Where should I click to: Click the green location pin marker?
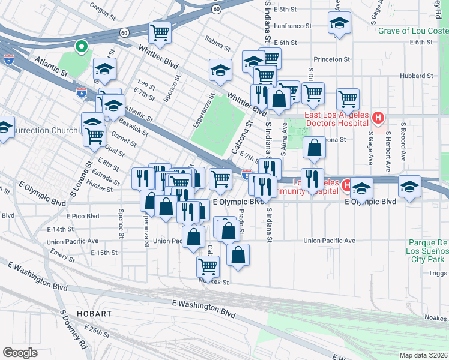coord(81,46)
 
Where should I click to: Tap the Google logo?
coord(20,353)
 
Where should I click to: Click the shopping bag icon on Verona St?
coord(314,147)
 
